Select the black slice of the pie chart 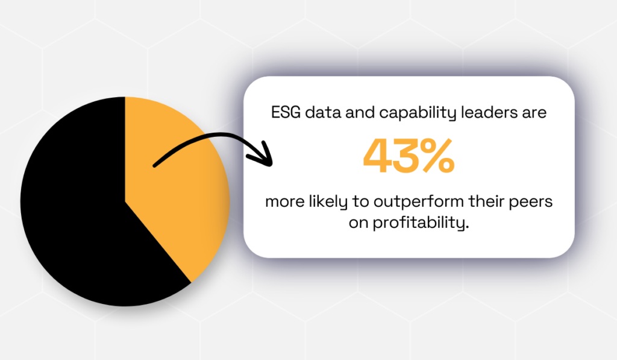point(72,205)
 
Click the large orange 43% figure point(408,156)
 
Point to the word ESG point(286,113)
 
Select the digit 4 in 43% point(378,156)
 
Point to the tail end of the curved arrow point(155,164)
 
